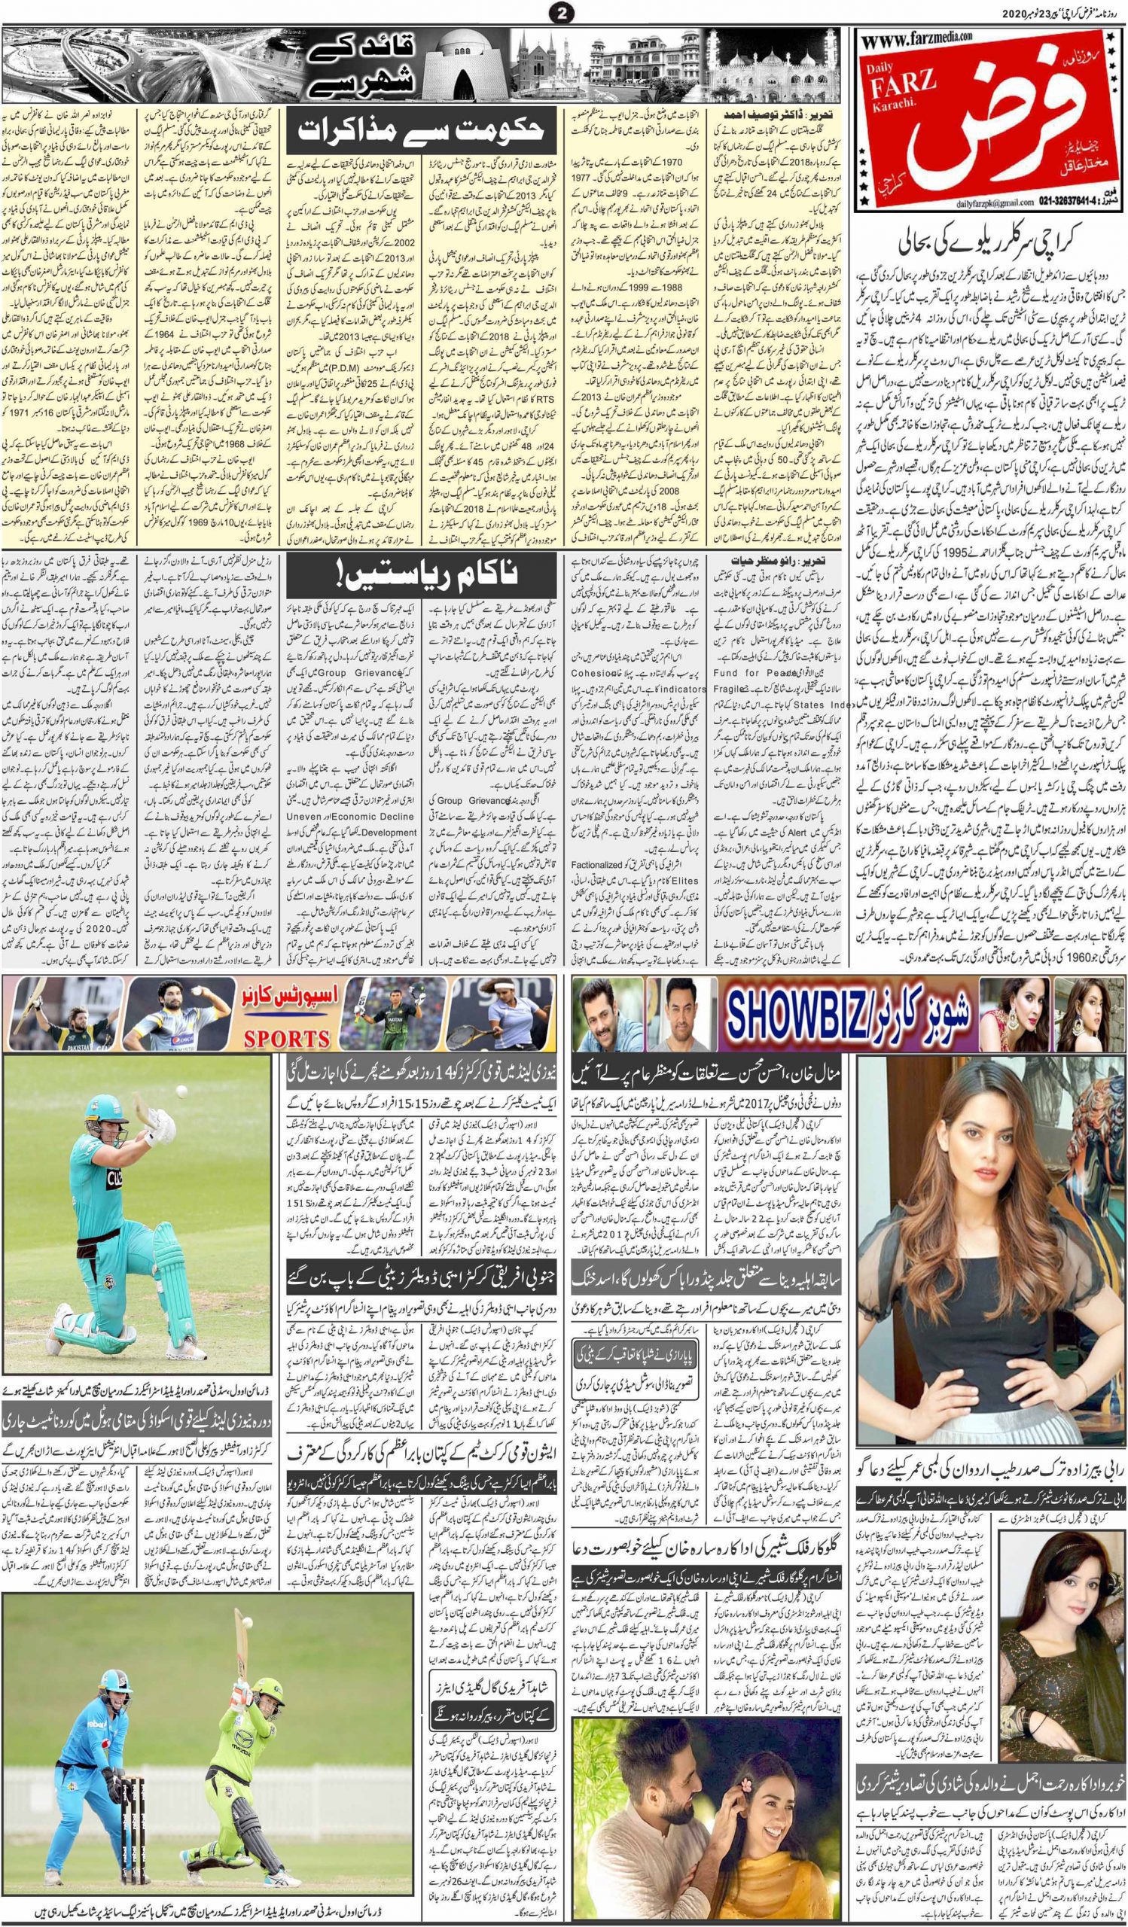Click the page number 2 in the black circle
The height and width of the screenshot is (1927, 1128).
pyautogui.click(x=563, y=12)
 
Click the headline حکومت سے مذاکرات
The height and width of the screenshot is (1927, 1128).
pyautogui.click(x=424, y=132)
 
